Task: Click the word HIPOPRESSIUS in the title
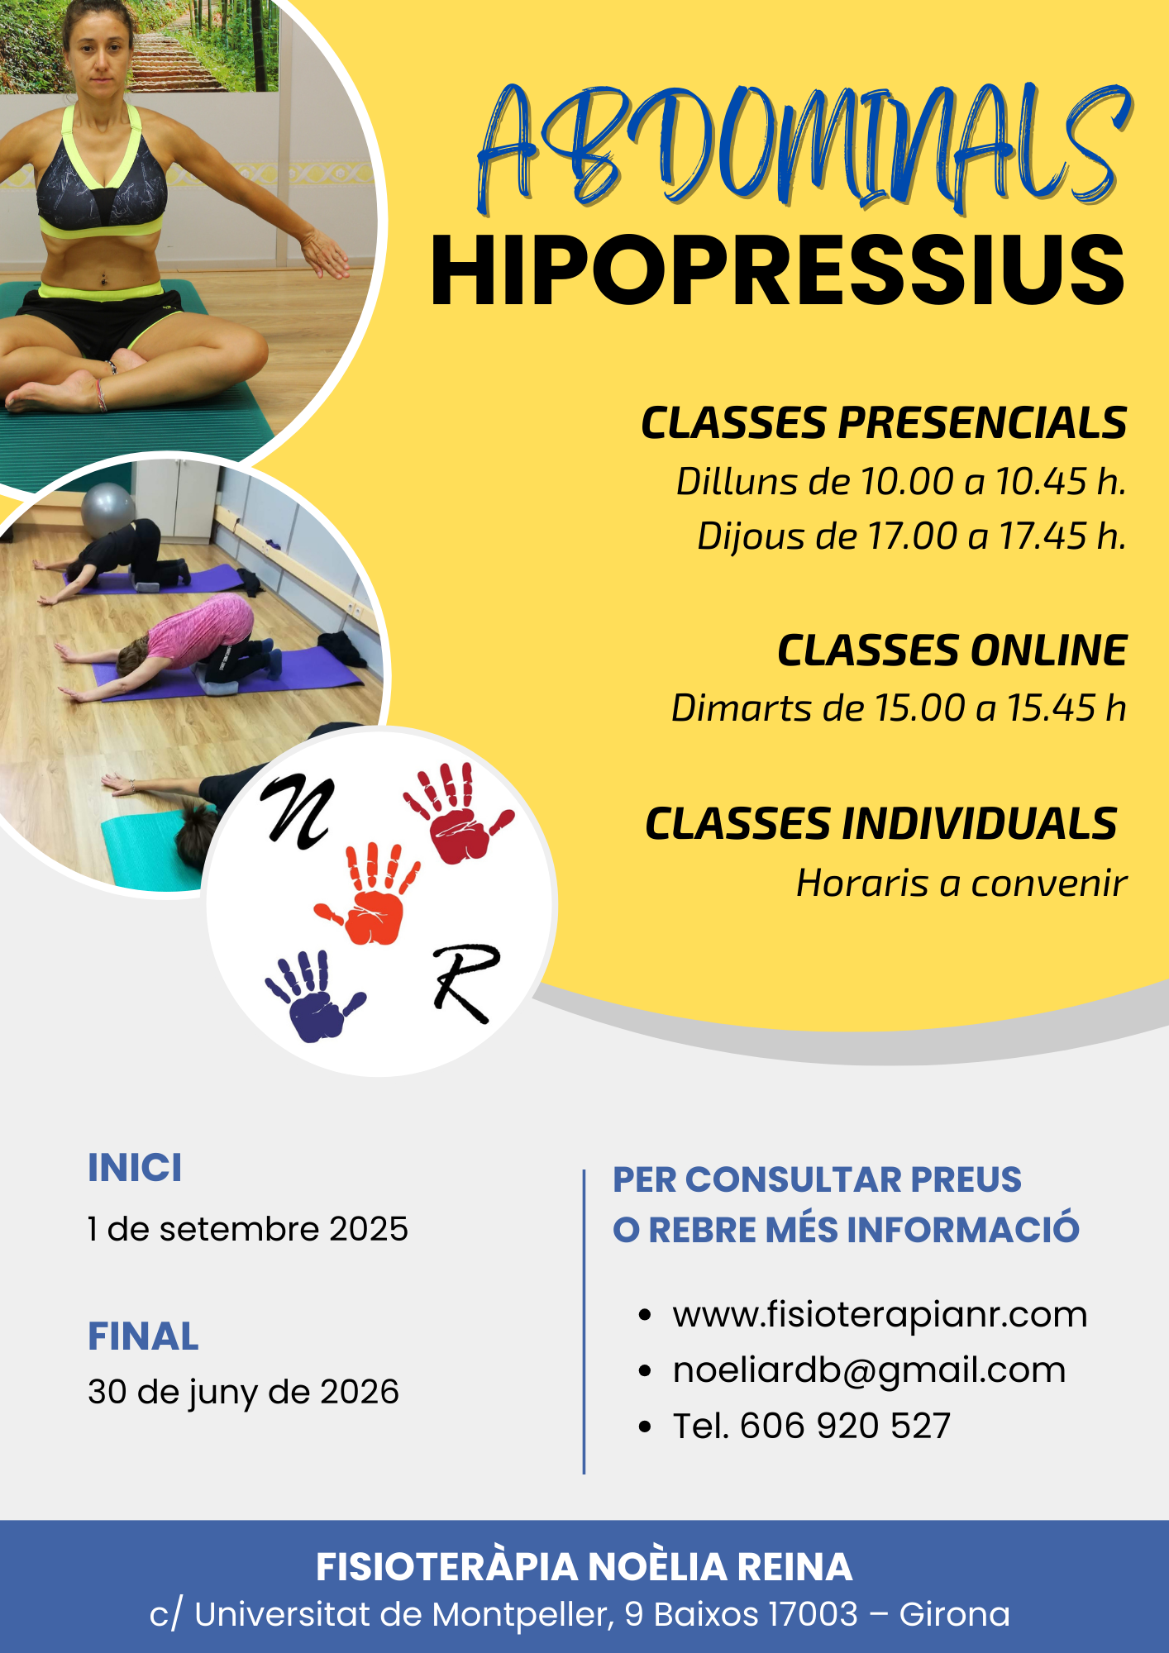click(778, 270)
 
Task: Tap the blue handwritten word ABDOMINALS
click(804, 147)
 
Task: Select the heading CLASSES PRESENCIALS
click(884, 423)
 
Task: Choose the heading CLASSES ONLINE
click(952, 650)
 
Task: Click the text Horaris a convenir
click(961, 883)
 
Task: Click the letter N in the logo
click(298, 812)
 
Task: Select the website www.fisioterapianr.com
click(880, 1314)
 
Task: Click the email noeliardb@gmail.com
click(869, 1370)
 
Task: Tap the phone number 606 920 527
click(845, 1426)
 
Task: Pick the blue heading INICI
click(135, 1168)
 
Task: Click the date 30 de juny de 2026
click(243, 1392)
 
